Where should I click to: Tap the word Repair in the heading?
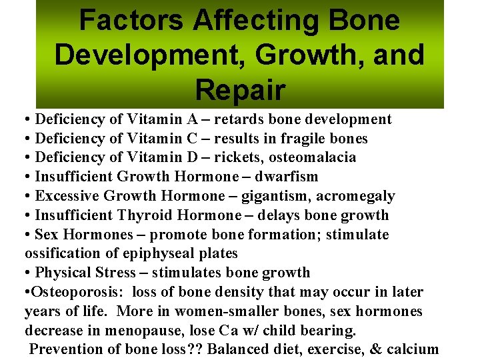(240, 89)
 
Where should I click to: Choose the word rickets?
(241, 157)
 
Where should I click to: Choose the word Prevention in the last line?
(65, 349)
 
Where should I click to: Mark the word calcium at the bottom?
(417, 349)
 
